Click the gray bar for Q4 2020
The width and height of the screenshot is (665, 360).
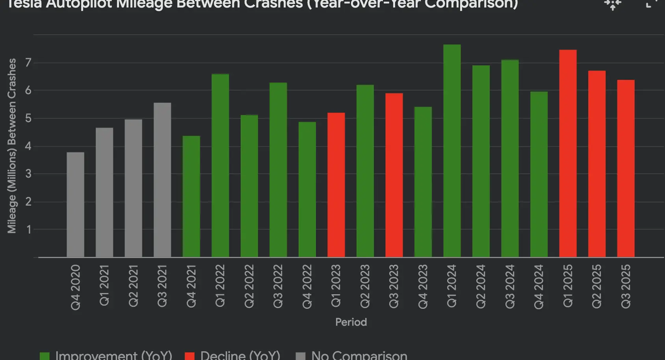[x=75, y=204]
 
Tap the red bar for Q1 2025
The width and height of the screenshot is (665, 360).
[x=568, y=153]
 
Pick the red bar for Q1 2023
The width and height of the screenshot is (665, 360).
[x=336, y=185]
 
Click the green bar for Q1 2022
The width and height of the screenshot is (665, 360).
[x=220, y=165]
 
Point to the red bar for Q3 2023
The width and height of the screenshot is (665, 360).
[x=394, y=175]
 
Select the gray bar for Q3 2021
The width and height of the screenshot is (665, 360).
[x=162, y=180]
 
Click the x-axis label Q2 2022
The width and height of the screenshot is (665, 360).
[x=249, y=286]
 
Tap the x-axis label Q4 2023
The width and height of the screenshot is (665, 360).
[x=423, y=286]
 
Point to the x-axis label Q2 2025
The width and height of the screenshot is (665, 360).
[x=597, y=286]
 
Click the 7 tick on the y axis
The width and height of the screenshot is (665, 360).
[x=28, y=63]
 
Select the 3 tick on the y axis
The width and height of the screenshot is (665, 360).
[x=28, y=174]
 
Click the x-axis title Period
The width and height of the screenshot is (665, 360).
[x=351, y=322]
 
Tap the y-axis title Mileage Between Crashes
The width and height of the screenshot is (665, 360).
[x=12, y=146]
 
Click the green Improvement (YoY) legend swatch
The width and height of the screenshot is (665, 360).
[x=45, y=356]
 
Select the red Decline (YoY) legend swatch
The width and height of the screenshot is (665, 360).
[x=189, y=356]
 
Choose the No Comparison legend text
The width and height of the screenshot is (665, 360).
[x=359, y=355]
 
